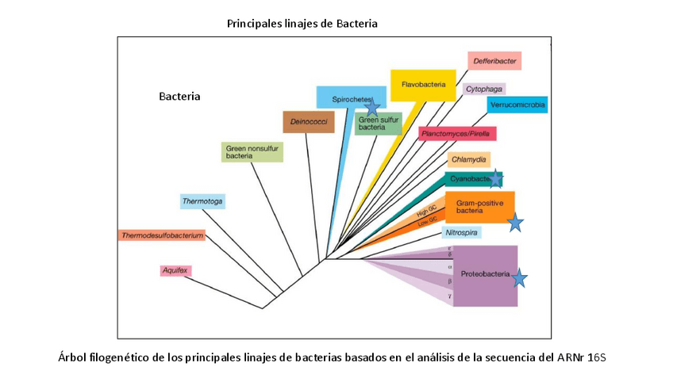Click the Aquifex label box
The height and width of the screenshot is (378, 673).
click(x=175, y=270)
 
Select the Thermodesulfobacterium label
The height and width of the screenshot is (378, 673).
click(x=162, y=235)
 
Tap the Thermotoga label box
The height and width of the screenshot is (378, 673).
click(x=202, y=201)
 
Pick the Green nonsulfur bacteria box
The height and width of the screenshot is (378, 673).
click(x=252, y=151)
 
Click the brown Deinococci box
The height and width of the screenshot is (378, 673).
click(x=309, y=122)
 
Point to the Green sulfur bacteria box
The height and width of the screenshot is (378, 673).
click(x=378, y=124)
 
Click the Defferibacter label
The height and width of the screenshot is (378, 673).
click(x=494, y=61)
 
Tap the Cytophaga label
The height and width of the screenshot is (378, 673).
click(x=484, y=89)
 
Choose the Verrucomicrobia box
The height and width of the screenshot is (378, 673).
click(x=517, y=104)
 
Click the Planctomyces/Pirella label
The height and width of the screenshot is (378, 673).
click(x=457, y=134)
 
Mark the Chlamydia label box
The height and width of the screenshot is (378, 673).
click(x=468, y=159)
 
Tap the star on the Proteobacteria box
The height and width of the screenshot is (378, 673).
click(x=519, y=278)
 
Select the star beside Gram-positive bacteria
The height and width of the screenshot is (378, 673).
click(x=515, y=223)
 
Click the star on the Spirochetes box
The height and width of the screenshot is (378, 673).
click(x=371, y=108)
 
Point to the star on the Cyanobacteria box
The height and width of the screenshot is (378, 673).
click(x=495, y=179)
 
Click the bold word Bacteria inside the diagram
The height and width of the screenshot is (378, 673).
click(x=179, y=97)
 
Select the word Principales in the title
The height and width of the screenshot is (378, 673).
click(x=253, y=24)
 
